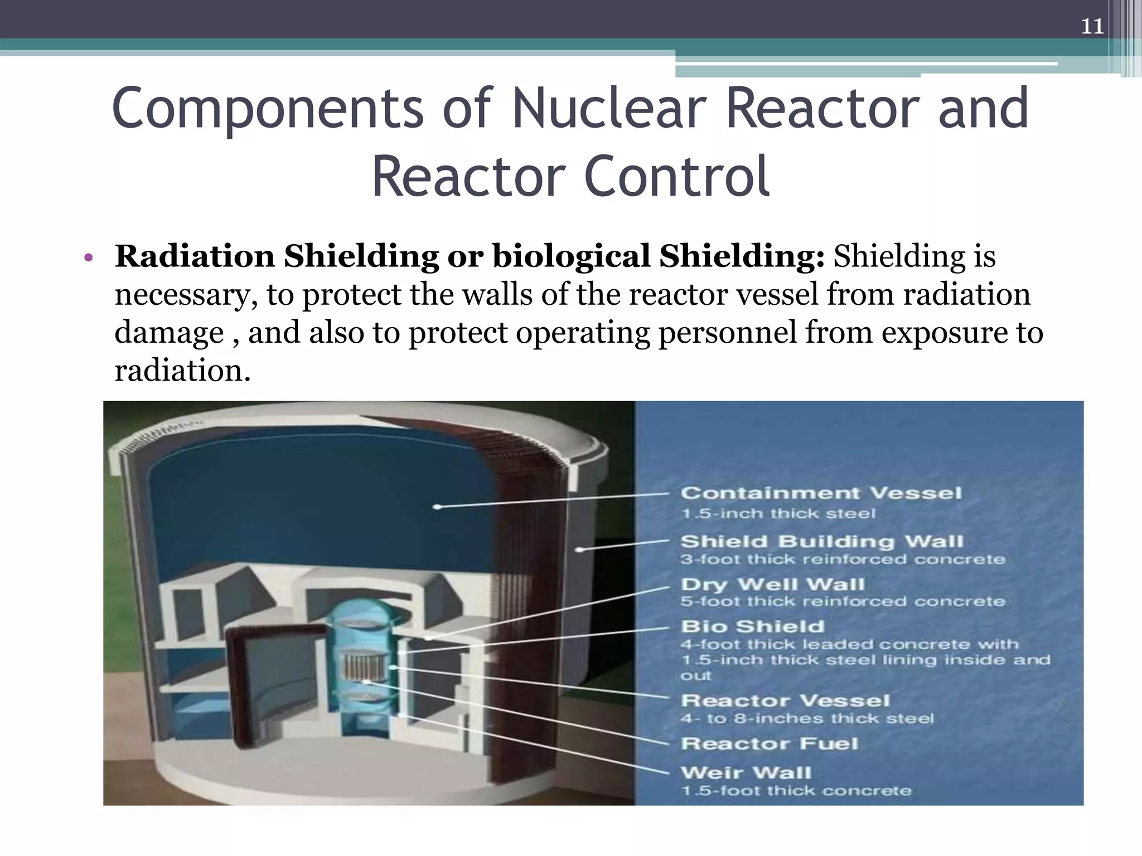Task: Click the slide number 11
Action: click(1092, 26)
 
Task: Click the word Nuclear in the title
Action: click(609, 108)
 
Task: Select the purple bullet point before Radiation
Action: click(88, 258)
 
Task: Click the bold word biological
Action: click(571, 257)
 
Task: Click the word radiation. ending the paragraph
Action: click(182, 371)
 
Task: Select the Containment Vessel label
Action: click(821, 493)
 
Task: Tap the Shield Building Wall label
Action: click(822, 541)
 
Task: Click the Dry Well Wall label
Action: click(773, 584)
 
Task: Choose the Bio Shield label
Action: click(752, 626)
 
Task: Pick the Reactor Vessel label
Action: click(785, 701)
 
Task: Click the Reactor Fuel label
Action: click(770, 743)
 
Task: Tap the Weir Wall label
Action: click(746, 773)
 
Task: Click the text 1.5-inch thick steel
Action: click(778, 513)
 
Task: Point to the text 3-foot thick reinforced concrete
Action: click(843, 559)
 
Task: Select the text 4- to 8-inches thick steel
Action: click(807, 719)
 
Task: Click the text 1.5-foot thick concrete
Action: click(796, 791)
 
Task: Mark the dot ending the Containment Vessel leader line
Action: click(438, 507)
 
